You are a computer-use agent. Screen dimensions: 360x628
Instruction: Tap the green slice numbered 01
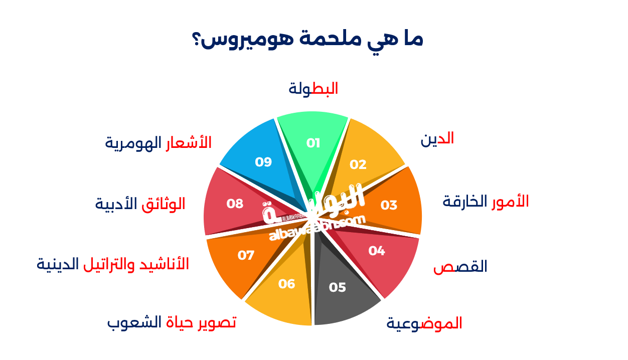click(313, 142)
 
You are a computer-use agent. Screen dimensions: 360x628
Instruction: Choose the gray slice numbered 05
click(341, 291)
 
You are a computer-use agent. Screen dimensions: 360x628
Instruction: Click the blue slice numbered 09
click(258, 158)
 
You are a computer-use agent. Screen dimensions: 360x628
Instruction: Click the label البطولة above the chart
click(313, 89)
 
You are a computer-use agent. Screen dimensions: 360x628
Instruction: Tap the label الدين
click(437, 139)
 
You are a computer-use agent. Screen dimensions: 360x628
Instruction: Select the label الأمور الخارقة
click(486, 202)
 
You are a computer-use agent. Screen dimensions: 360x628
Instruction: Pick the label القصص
click(460, 267)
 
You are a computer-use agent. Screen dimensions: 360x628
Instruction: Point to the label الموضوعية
click(424, 323)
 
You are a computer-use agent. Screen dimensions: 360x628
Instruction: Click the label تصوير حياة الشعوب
click(172, 322)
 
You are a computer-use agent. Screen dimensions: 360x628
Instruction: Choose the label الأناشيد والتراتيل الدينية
click(113, 264)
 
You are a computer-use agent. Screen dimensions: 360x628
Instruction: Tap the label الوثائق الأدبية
click(140, 204)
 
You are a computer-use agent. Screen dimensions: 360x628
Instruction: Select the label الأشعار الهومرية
click(158, 143)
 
